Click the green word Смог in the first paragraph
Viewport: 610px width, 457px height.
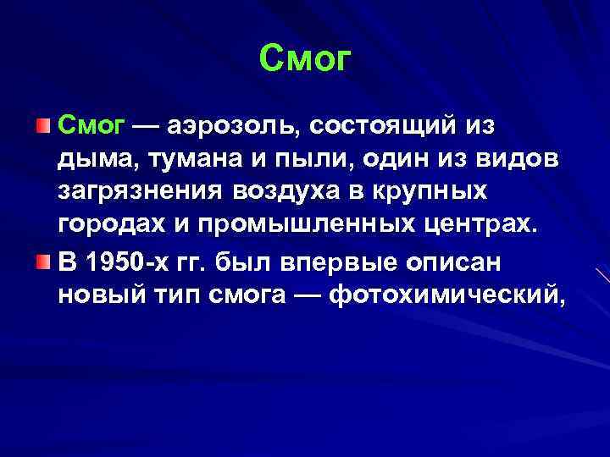tap(91, 126)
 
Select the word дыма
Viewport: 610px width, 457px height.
tap(91, 161)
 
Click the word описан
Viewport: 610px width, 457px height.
tap(457, 263)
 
